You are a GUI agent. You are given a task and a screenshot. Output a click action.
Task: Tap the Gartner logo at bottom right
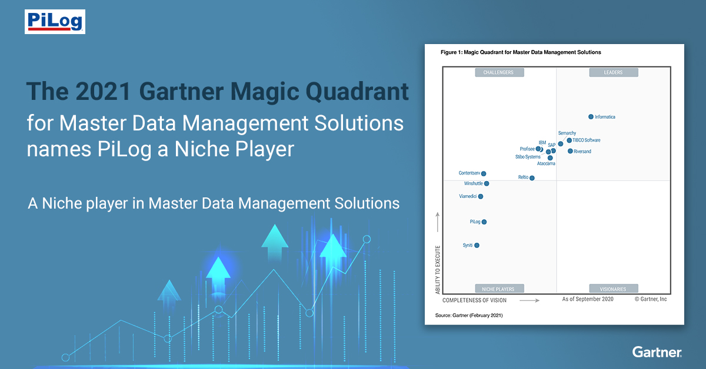[x=657, y=352]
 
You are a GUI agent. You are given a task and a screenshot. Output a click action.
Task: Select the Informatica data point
[x=591, y=117]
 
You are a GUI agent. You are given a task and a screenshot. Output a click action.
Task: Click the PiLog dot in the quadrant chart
[x=484, y=222]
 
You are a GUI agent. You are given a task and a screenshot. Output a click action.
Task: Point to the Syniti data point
[x=477, y=246]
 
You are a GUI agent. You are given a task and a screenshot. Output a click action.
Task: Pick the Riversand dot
[x=570, y=151]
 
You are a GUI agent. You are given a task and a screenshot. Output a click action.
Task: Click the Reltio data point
[x=532, y=178]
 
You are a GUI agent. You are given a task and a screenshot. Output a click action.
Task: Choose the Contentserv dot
[x=484, y=173]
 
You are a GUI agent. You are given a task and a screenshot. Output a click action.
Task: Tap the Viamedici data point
[x=481, y=197]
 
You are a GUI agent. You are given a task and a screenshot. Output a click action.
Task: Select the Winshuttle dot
[x=487, y=184]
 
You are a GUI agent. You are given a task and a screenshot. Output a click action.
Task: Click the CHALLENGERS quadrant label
[x=499, y=73]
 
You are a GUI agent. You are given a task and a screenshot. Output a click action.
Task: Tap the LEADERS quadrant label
[x=613, y=73]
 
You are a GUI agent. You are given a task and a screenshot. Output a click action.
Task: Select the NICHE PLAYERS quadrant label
[x=499, y=289]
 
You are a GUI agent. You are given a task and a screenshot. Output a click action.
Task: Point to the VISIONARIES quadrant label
[x=613, y=289]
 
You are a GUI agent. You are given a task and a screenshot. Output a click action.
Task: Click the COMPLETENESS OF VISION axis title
[x=474, y=300]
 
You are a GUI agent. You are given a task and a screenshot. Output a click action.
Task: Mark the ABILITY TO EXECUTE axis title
[x=438, y=270]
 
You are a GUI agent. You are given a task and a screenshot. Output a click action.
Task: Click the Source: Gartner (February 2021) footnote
[x=469, y=316]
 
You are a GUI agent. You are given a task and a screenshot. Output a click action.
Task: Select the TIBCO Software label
[x=587, y=140]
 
